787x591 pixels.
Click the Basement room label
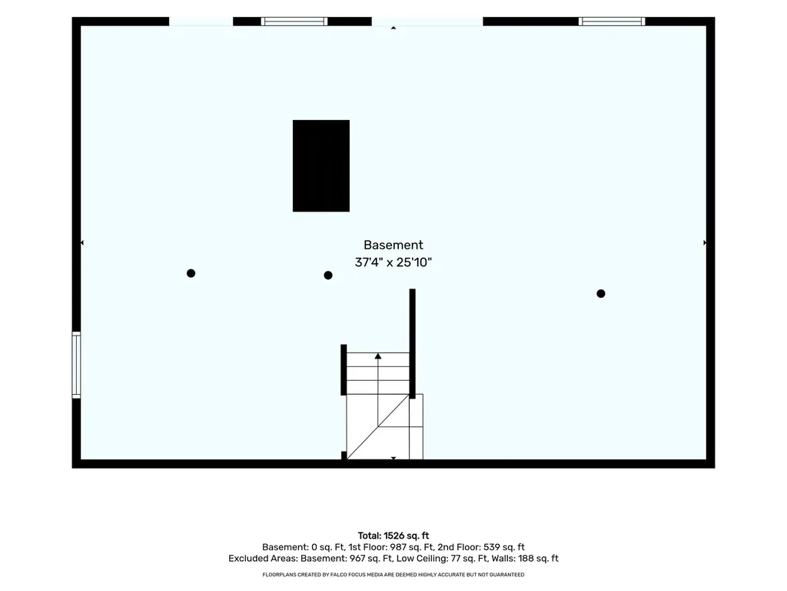[x=393, y=245]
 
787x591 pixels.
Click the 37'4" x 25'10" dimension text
[x=393, y=262]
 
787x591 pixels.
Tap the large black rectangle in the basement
[x=321, y=166]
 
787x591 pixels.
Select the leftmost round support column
[x=191, y=273]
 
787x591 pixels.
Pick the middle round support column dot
[x=328, y=275]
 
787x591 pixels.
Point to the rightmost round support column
[x=601, y=293]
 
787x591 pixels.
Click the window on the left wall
[x=76, y=366]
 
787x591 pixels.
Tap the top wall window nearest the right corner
[x=612, y=22]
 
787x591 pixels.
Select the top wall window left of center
[x=294, y=22]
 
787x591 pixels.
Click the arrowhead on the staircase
[x=378, y=356]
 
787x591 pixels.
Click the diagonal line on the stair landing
[x=377, y=426]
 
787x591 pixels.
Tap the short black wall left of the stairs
[x=344, y=370]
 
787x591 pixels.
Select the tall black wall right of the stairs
[x=413, y=344]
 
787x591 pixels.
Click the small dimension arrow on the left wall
[x=81, y=242]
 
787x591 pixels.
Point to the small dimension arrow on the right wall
[x=705, y=242]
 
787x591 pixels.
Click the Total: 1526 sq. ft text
[x=393, y=536]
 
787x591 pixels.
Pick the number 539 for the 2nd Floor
[x=492, y=547]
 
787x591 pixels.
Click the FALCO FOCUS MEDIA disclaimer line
[x=393, y=574]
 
